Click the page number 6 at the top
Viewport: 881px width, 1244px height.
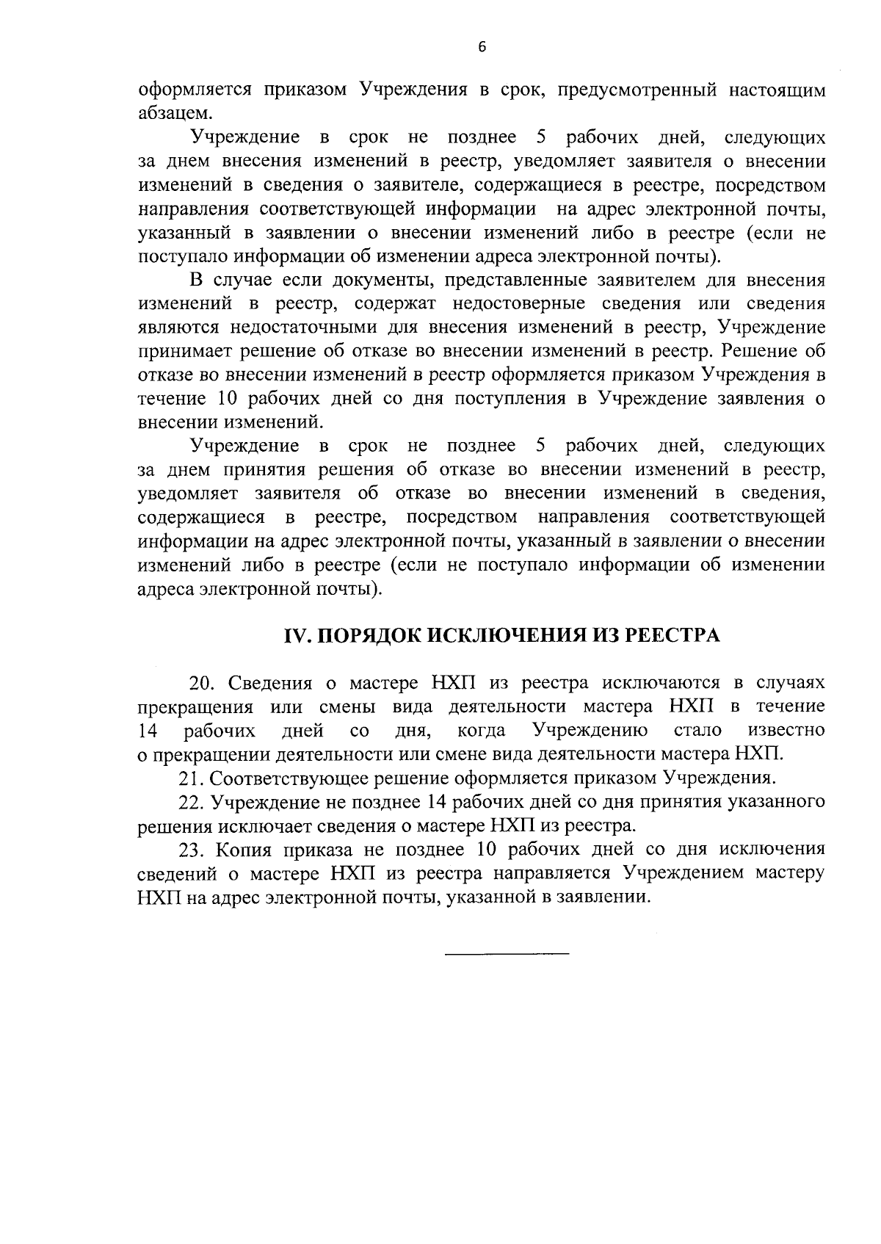tap(482, 47)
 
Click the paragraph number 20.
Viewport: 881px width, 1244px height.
tap(202, 684)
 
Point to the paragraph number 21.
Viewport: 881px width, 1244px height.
tap(191, 778)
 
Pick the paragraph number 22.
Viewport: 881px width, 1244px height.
tap(191, 802)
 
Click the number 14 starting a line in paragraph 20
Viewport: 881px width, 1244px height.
tap(150, 731)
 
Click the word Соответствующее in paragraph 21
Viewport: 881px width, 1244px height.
tap(280, 778)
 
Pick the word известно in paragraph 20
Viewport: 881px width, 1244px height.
tap(786, 731)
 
